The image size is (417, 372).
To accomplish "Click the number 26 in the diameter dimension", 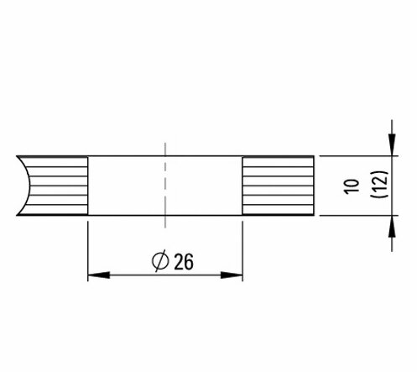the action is (x=184, y=262).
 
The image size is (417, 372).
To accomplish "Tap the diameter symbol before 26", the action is (x=160, y=260).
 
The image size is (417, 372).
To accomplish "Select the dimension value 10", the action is (x=352, y=186).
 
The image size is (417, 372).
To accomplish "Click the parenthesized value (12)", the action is (x=379, y=184).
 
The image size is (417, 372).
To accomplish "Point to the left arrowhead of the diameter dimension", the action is (x=99, y=275).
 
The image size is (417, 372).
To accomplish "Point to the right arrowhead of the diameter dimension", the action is (x=232, y=275).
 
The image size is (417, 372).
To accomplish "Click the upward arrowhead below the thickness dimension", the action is (x=392, y=227).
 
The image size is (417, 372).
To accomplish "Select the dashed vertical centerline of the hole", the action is (x=165, y=186).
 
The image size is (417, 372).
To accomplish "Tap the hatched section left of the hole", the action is (x=57, y=186).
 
